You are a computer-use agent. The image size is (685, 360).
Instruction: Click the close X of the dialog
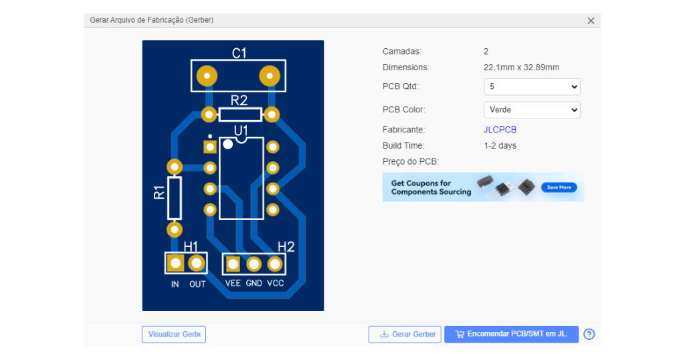pos(591,21)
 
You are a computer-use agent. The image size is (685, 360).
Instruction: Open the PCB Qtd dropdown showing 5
pos(532,86)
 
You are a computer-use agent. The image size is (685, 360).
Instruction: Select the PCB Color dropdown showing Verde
pos(532,110)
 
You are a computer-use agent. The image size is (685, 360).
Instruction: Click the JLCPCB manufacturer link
pos(500,130)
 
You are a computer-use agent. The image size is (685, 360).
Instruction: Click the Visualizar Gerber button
pos(174,334)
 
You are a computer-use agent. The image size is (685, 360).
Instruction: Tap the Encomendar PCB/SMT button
pos(511,334)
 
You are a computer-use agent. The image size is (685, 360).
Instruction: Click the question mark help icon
pos(589,334)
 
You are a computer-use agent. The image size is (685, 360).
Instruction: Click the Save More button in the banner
pos(559,187)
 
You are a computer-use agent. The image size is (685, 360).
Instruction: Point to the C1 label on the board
pos(239,54)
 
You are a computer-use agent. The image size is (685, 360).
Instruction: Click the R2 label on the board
pos(239,100)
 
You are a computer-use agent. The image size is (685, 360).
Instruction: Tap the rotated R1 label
pos(159,193)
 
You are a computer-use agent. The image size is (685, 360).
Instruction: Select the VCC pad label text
pos(275,283)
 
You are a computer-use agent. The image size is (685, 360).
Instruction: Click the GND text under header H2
pos(254,283)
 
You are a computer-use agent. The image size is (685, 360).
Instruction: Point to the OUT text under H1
pos(197,284)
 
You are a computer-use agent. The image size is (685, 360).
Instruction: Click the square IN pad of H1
pos(176,263)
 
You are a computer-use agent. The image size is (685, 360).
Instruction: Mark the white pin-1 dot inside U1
pos(227,144)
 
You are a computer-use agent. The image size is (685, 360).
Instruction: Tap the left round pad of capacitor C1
pos(207,76)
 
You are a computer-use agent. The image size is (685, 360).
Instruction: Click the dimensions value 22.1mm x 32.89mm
pos(521,68)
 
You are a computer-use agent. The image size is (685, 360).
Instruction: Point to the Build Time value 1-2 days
pos(500,146)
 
